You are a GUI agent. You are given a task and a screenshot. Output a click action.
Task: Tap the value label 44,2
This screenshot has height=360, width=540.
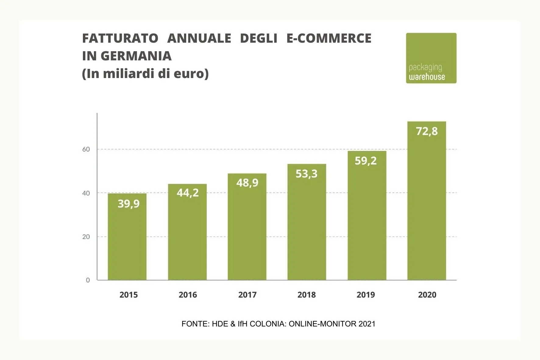pos(188,193)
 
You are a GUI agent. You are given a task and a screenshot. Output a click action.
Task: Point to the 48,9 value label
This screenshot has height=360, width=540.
pos(247,183)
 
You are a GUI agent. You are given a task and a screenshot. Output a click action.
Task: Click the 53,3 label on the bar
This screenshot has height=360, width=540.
pos(307,174)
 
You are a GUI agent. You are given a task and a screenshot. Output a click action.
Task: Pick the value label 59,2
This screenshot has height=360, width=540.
pos(366,161)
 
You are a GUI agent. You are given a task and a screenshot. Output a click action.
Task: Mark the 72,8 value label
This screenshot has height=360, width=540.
pos(427,131)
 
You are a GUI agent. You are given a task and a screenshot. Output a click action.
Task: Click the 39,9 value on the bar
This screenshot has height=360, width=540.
pos(129,204)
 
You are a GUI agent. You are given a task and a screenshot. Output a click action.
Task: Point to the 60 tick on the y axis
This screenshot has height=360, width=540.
pos(86,149)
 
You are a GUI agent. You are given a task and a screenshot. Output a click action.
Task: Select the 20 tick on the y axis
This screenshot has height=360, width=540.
pos(86,237)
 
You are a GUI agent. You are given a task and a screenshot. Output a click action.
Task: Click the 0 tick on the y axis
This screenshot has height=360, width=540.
pos(88,280)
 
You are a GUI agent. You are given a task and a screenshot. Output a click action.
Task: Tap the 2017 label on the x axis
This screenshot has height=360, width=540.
pos(247,295)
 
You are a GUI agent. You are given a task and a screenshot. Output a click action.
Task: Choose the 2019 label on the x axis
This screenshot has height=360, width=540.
pos(366,295)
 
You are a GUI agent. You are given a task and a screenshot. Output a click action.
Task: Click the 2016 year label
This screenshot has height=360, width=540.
pos(188,295)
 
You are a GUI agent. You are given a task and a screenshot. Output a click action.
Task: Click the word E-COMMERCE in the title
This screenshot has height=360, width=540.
pos(329,38)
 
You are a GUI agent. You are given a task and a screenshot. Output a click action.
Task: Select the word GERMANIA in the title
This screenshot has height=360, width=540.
pos(136,56)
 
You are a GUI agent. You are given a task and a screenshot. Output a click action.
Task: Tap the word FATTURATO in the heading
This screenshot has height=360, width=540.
pos(120,38)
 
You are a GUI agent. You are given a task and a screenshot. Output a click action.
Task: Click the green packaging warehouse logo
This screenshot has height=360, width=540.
pos(431,58)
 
